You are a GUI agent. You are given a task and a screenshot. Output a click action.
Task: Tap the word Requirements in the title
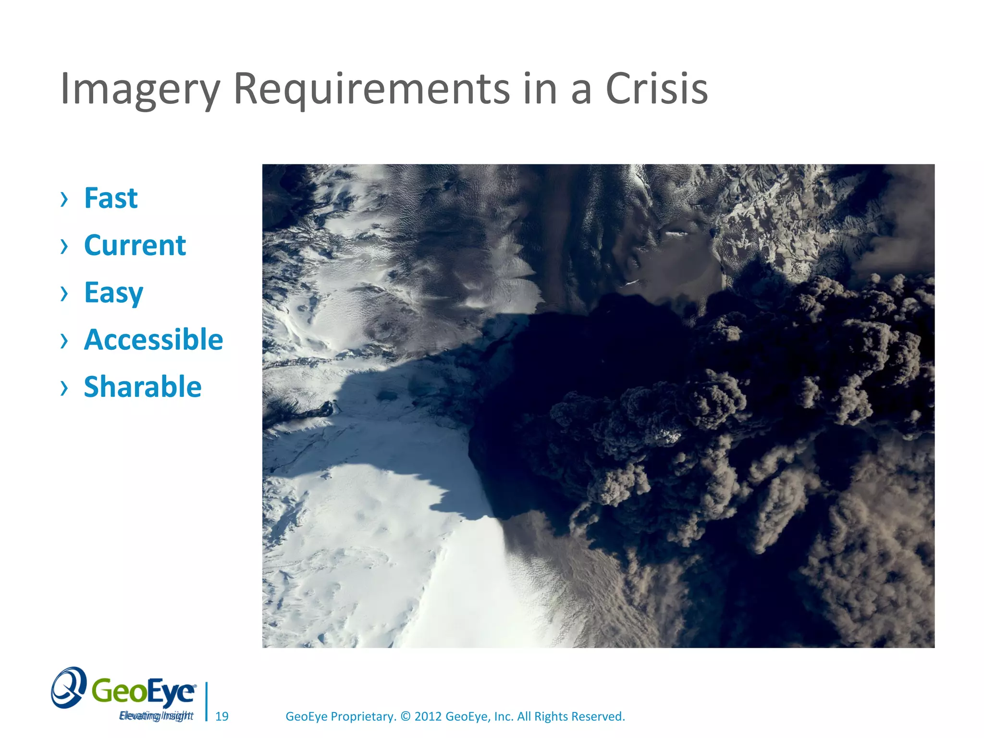click(371, 89)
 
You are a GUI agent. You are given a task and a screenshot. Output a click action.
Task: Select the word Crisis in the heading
click(656, 89)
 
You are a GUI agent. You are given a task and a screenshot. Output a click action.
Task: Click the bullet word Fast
click(111, 198)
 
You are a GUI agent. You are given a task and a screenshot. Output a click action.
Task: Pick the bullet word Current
click(135, 246)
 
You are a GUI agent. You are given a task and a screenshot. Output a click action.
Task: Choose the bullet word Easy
click(113, 293)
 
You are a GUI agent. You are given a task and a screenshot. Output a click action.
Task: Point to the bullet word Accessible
click(153, 340)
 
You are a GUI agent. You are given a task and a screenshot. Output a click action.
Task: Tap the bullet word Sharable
click(142, 387)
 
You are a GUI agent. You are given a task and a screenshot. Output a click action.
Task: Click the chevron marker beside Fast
click(64, 198)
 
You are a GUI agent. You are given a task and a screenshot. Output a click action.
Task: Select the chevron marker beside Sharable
click(64, 387)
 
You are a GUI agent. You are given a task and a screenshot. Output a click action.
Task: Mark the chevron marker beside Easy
click(64, 293)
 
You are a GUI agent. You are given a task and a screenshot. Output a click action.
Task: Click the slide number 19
click(221, 716)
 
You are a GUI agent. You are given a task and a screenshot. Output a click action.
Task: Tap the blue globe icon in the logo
click(69, 688)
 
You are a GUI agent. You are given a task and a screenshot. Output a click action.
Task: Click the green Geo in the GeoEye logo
click(113, 691)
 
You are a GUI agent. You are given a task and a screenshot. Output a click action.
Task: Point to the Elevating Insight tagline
click(156, 716)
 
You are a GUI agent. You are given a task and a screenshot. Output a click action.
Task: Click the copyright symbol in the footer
click(406, 716)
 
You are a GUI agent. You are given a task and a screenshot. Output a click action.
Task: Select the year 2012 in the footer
click(428, 716)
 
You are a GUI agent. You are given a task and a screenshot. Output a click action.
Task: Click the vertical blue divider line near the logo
click(207, 701)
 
